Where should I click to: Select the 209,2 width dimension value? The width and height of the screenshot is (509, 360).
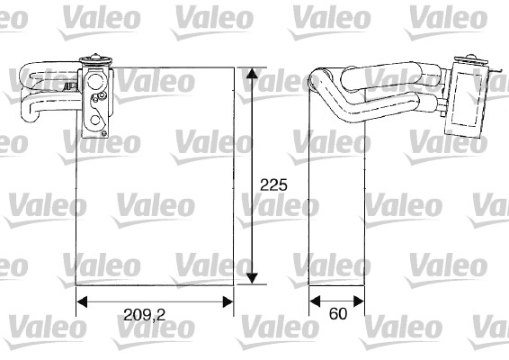[143, 314]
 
